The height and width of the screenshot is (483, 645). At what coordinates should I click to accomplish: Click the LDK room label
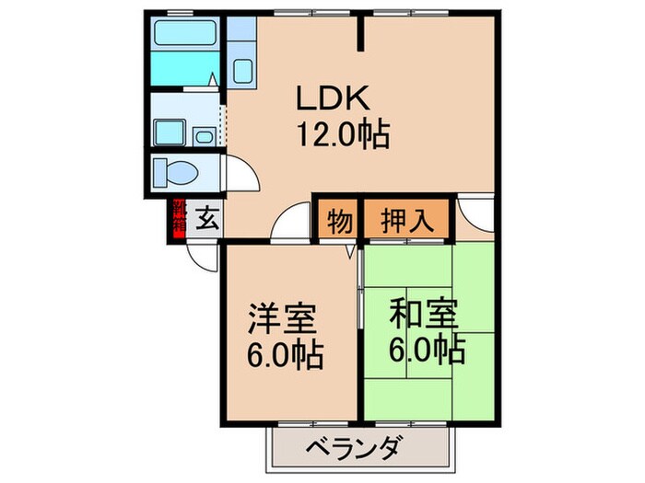click(x=332, y=98)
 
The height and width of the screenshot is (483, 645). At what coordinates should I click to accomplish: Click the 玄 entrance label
click(x=207, y=220)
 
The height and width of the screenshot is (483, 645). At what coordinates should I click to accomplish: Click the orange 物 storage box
click(x=339, y=221)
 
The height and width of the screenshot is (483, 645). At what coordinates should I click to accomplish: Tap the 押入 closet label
click(x=404, y=221)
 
